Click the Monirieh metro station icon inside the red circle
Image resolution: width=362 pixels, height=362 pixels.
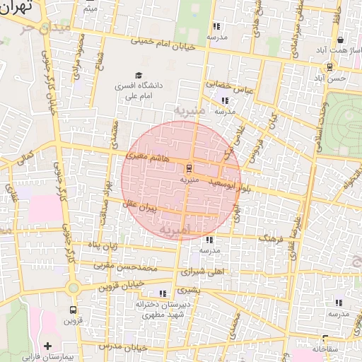[x=188, y=168]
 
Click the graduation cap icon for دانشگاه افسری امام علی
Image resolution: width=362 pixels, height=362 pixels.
[x=139, y=75]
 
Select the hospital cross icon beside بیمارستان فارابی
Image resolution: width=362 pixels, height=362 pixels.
[x=47, y=346]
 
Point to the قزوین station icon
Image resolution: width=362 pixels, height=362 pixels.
[x=73, y=310]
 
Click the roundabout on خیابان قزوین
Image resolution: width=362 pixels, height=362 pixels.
[x=72, y=287]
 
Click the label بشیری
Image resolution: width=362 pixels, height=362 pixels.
[x=186, y=289]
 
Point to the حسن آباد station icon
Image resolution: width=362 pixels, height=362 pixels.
[x=329, y=67]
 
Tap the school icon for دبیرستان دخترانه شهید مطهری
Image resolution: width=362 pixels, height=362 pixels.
[x=163, y=293]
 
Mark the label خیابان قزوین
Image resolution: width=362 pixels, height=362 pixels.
[x=120, y=284]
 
